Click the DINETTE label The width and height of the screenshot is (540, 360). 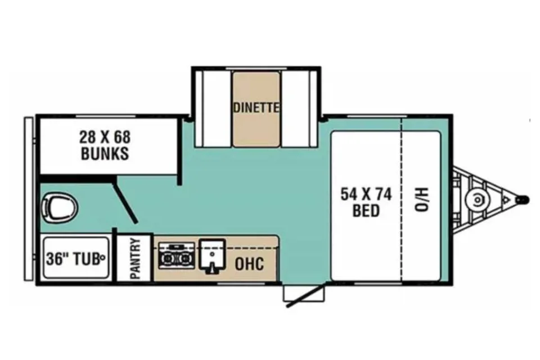tap(256, 108)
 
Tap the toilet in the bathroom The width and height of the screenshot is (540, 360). tap(60, 208)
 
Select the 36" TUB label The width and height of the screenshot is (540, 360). tap(73, 259)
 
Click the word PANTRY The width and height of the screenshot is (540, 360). tap(136, 258)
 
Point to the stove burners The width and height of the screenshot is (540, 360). tap(176, 256)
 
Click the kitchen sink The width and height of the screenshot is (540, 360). tap(212, 256)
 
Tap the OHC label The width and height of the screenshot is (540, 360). tap(249, 264)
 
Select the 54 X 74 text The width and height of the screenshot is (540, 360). tap(366, 195)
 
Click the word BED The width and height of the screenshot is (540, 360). tap(366, 210)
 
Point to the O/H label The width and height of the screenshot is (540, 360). tap(421, 200)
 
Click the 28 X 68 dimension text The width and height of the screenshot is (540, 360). tap(105, 137)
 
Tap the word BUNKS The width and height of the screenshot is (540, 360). tap(105, 154)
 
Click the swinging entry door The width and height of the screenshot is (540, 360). tap(306, 295)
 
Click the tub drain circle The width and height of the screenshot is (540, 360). tap(102, 256)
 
